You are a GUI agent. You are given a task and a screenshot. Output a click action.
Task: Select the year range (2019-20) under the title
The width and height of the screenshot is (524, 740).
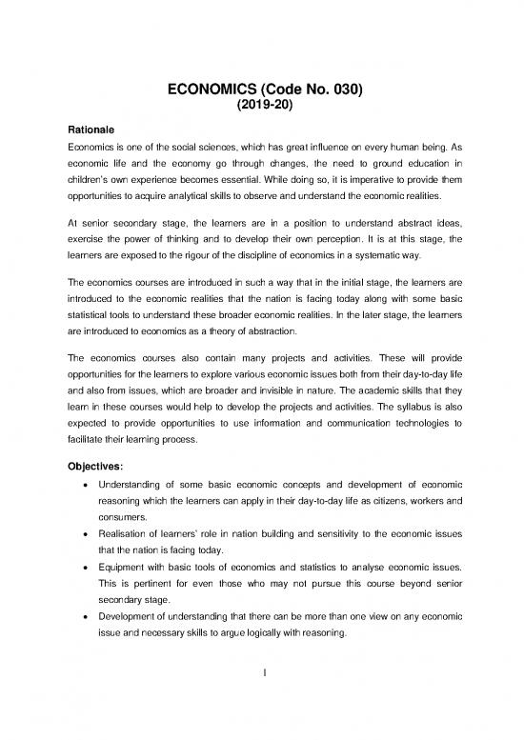[262, 108]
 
